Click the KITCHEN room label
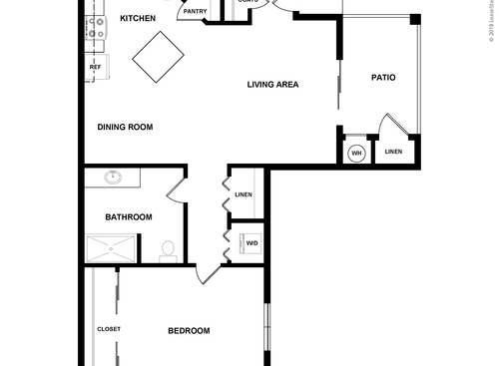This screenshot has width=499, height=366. tap(138, 19)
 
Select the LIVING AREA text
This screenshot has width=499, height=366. tap(273, 85)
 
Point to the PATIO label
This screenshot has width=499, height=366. tap(385, 77)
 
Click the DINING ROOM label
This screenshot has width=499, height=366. tap(124, 127)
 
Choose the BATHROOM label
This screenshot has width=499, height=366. tap(129, 217)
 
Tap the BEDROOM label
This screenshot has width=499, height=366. tap(189, 331)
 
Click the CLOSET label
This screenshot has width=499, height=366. tap(109, 329)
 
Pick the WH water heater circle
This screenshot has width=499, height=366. tap(356, 154)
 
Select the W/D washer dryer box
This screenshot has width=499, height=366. tap(250, 243)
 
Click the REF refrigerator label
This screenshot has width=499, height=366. tap(96, 68)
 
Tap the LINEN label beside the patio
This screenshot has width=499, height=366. tap(393, 152)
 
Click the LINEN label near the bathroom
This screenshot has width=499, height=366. tap(244, 194)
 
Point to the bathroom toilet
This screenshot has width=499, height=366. tap(168, 248)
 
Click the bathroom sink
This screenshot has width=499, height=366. tap(113, 180)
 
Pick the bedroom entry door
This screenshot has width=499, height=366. tap(209, 274)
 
